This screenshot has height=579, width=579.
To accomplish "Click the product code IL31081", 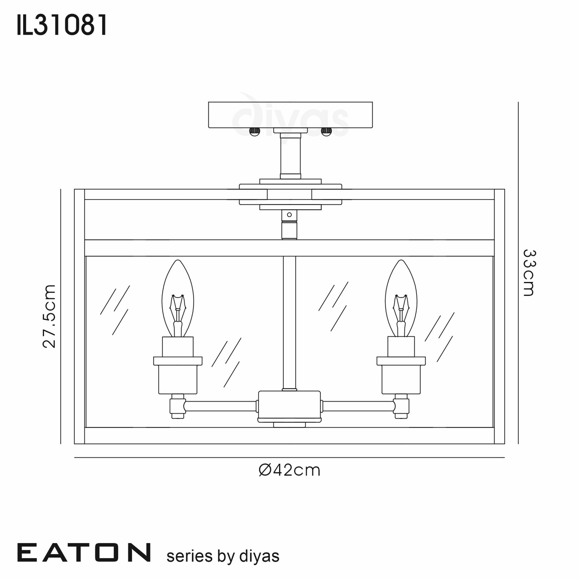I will (61, 25).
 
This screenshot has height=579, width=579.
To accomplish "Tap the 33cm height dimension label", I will (529, 273).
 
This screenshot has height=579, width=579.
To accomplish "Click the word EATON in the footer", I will (84, 552).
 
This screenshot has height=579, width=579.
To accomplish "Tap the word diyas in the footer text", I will (259, 556).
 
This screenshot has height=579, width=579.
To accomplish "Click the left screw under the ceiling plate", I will (254, 131).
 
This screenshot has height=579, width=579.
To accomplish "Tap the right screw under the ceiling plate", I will (326, 131).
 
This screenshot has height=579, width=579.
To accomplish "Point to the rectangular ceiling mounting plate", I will (290, 115).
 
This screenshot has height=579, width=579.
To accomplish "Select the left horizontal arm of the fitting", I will (220, 406).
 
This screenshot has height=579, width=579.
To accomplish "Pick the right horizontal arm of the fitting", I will (358, 406).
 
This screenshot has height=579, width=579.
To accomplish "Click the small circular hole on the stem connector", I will (289, 215).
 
